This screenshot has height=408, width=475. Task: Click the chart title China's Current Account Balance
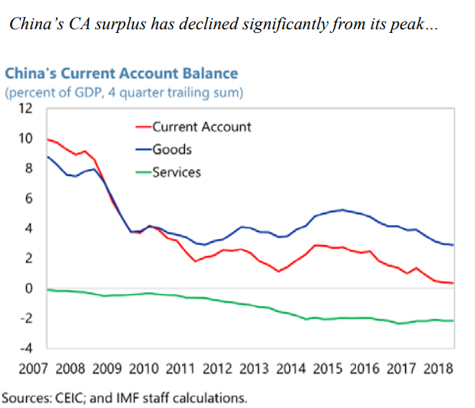121,74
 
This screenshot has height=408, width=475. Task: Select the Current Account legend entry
201,127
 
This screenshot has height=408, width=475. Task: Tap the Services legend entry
176,171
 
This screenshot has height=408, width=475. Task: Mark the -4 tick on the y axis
26,349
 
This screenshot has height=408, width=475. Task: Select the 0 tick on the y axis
29,289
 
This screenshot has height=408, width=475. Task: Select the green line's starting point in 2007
47,290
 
